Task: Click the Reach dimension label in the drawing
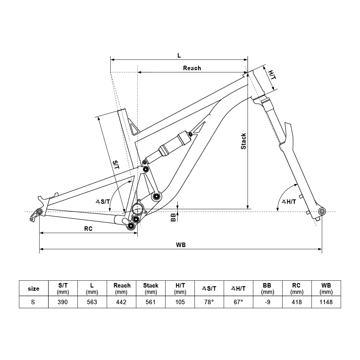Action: pyautogui.click(x=192, y=68)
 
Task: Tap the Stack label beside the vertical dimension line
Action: pyautogui.click(x=243, y=141)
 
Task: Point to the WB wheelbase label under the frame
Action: pyautogui.click(x=181, y=245)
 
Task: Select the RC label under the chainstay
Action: pyautogui.click(x=88, y=229)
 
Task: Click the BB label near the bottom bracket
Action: pyautogui.click(x=173, y=217)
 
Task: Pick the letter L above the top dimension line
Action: pyautogui.click(x=179, y=55)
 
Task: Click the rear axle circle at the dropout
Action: pyautogui.click(x=39, y=211)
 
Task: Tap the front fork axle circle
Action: pyautogui.click(x=322, y=211)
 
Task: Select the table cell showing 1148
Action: pyautogui.click(x=326, y=302)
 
